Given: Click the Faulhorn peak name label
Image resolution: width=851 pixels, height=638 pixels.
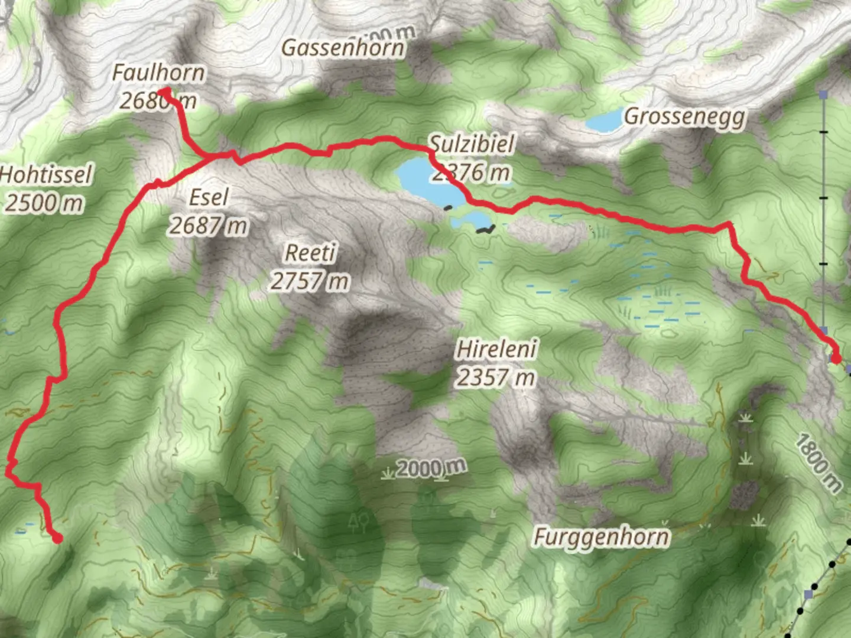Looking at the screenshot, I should click(158, 73).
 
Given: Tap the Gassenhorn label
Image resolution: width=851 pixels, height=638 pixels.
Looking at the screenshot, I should click(343, 48).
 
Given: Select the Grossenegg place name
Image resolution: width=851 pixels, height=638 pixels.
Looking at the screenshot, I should click(684, 116).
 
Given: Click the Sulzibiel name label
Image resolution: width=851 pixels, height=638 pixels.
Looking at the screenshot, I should click(472, 144).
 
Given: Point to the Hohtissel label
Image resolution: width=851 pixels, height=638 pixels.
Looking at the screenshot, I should click(46, 175).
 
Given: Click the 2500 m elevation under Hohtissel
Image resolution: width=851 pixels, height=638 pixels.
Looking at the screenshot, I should click(44, 203).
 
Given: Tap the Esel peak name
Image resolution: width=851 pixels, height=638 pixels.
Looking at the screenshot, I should click(208, 197).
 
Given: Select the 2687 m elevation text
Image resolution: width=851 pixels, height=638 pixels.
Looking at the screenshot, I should click(208, 225).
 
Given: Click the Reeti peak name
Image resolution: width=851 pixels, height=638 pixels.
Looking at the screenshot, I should click(310, 253).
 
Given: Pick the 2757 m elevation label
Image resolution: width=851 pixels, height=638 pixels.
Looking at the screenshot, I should click(310, 281).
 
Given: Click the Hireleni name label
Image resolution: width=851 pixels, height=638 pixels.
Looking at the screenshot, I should click(496, 349).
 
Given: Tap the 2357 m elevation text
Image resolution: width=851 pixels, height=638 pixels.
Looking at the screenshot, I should click(495, 377).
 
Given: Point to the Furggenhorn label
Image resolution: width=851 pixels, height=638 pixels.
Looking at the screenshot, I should click(602, 537).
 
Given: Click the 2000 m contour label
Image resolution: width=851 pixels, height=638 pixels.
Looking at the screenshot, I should click(431, 468).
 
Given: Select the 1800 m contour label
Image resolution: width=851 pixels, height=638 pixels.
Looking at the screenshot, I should click(818, 463).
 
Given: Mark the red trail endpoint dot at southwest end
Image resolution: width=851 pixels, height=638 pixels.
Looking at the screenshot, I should click(57, 538).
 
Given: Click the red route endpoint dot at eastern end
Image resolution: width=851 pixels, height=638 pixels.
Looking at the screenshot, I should click(836, 358).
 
